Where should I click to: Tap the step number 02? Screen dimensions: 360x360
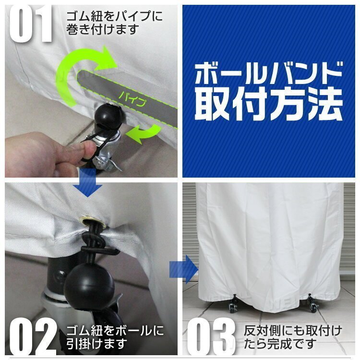pyautogui.click(x=32, y=336)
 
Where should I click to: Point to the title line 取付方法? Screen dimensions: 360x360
pyautogui.click(x=269, y=105)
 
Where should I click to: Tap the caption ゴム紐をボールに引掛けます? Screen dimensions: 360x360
pyautogui.click(x=115, y=337)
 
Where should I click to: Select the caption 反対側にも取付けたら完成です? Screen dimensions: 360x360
pyautogui.click(x=293, y=337)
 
